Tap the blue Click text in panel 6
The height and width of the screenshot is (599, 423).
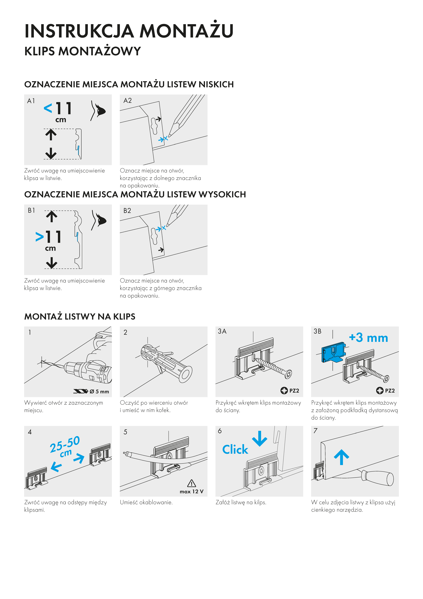(x=235, y=450)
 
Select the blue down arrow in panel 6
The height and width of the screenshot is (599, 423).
(x=260, y=439)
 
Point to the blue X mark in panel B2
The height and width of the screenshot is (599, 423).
(x=164, y=228)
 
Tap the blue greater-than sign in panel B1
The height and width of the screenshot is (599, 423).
(x=40, y=237)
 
